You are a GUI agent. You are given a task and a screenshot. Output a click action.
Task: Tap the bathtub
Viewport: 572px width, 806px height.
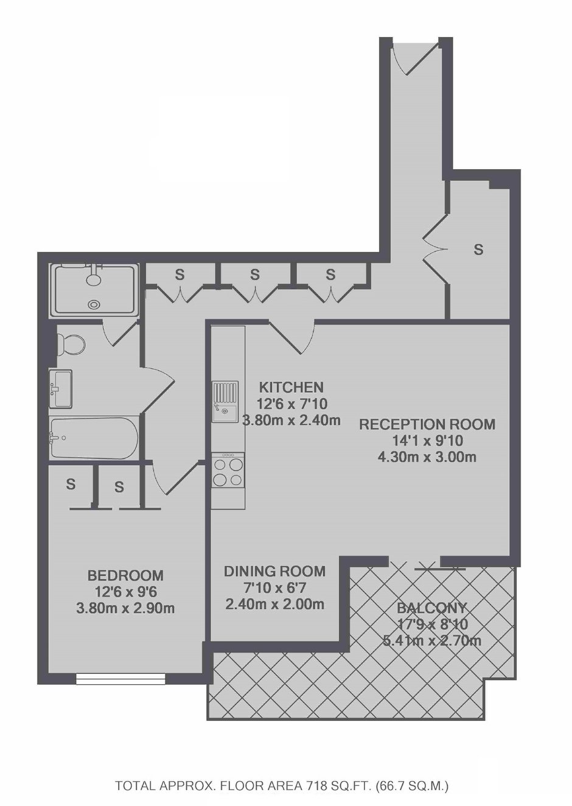tap(94, 438)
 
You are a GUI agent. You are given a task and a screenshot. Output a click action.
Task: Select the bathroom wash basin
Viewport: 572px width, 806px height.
tap(61, 388)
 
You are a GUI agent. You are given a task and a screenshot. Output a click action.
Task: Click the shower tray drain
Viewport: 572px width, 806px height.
tap(94, 304)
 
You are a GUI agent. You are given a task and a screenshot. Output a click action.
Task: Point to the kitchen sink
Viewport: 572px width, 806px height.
tap(225, 401)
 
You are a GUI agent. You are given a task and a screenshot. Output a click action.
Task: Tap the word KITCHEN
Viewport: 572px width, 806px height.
tap(291, 387)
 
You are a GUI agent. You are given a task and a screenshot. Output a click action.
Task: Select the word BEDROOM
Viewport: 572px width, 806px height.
tap(125, 575)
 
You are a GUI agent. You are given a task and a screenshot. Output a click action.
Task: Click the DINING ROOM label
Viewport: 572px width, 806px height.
tap(274, 571)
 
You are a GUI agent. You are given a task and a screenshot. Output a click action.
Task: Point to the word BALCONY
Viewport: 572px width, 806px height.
tap(431, 608)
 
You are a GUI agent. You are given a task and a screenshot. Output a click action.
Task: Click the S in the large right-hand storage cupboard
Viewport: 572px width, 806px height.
tap(478, 249)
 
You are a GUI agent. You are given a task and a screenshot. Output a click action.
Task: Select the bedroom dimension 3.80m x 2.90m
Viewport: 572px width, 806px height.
tap(125, 609)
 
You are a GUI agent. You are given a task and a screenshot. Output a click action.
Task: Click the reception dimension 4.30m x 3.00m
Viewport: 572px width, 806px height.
tap(427, 457)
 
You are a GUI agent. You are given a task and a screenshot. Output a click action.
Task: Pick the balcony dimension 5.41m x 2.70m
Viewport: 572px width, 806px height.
tap(431, 641)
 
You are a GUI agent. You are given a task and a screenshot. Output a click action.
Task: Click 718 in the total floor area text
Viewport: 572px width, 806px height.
tap(313, 783)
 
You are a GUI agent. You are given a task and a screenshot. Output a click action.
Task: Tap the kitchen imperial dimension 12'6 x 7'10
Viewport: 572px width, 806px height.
tap(291, 404)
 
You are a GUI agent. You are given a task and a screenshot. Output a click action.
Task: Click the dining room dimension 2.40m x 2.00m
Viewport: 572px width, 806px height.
tap(274, 604)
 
